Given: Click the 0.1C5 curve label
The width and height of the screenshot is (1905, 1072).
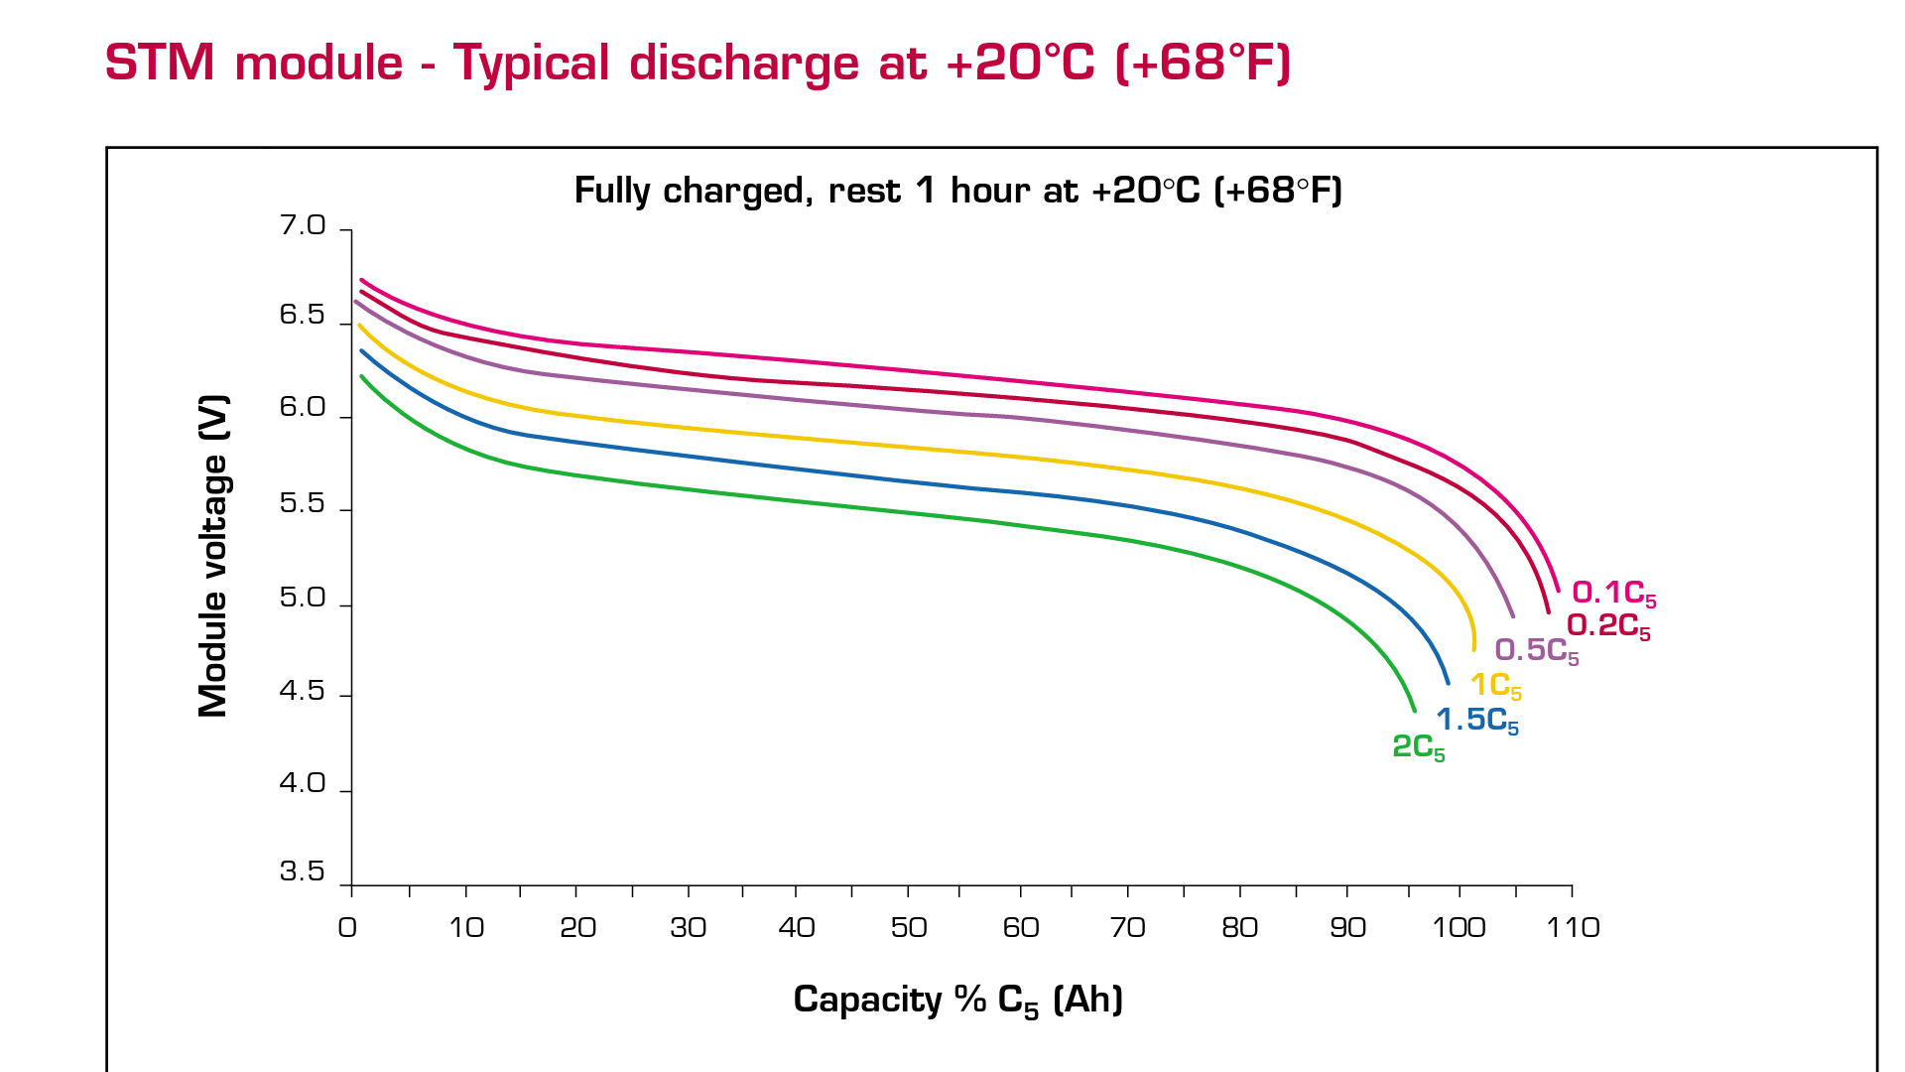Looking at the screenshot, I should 1613,594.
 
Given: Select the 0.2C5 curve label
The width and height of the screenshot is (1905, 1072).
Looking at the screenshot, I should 1607,626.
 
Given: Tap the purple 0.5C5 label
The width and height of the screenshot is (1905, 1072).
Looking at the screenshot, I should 1536,651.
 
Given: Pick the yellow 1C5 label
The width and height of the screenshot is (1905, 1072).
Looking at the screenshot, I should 1495,685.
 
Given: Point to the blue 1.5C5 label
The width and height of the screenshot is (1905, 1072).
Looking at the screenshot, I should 1476,721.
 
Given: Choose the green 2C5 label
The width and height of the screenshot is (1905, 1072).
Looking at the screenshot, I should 1418,747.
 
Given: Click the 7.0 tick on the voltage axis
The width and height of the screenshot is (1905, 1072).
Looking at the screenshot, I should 303,226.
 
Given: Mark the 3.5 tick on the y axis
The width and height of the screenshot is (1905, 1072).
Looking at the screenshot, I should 303,871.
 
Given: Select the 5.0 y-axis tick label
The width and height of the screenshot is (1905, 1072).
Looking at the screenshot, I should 303,598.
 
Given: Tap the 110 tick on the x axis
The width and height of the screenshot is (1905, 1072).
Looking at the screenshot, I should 1572,928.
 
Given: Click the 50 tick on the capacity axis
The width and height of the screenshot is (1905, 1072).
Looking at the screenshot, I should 908,928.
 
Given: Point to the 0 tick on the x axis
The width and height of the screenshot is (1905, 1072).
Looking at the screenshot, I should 347,928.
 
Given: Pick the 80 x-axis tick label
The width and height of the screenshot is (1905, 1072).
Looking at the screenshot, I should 1239,928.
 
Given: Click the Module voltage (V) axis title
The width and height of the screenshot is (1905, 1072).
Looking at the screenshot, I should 213,556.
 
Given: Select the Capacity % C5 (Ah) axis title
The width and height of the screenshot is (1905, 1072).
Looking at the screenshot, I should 957,1001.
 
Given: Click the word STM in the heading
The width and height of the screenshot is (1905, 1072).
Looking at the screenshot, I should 160,64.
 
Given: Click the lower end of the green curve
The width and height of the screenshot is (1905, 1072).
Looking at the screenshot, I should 1414,710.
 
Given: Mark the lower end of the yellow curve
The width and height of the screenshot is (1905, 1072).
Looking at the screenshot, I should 1473,649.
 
